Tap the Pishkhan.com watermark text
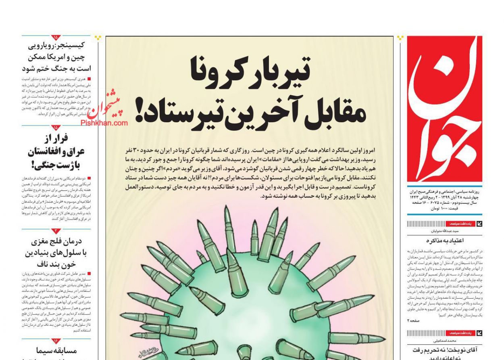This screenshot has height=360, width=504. click(104, 123)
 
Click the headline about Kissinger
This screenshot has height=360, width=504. click(56, 57)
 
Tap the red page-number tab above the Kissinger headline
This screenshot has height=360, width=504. click(55, 38)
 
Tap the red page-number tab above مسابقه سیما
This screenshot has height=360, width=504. click(55, 340)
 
